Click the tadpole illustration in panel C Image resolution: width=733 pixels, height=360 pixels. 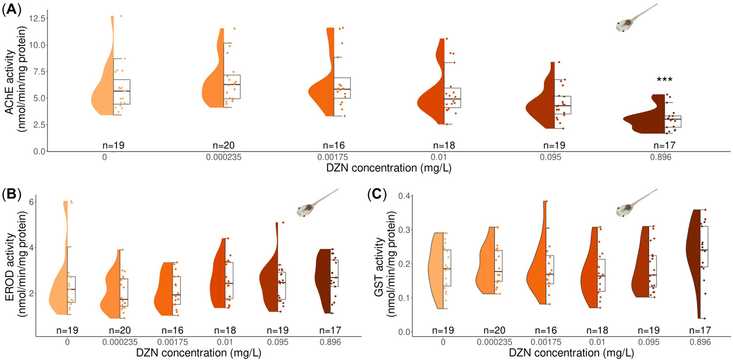click(x=634, y=205)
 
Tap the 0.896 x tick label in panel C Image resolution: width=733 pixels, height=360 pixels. click(x=696, y=342)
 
